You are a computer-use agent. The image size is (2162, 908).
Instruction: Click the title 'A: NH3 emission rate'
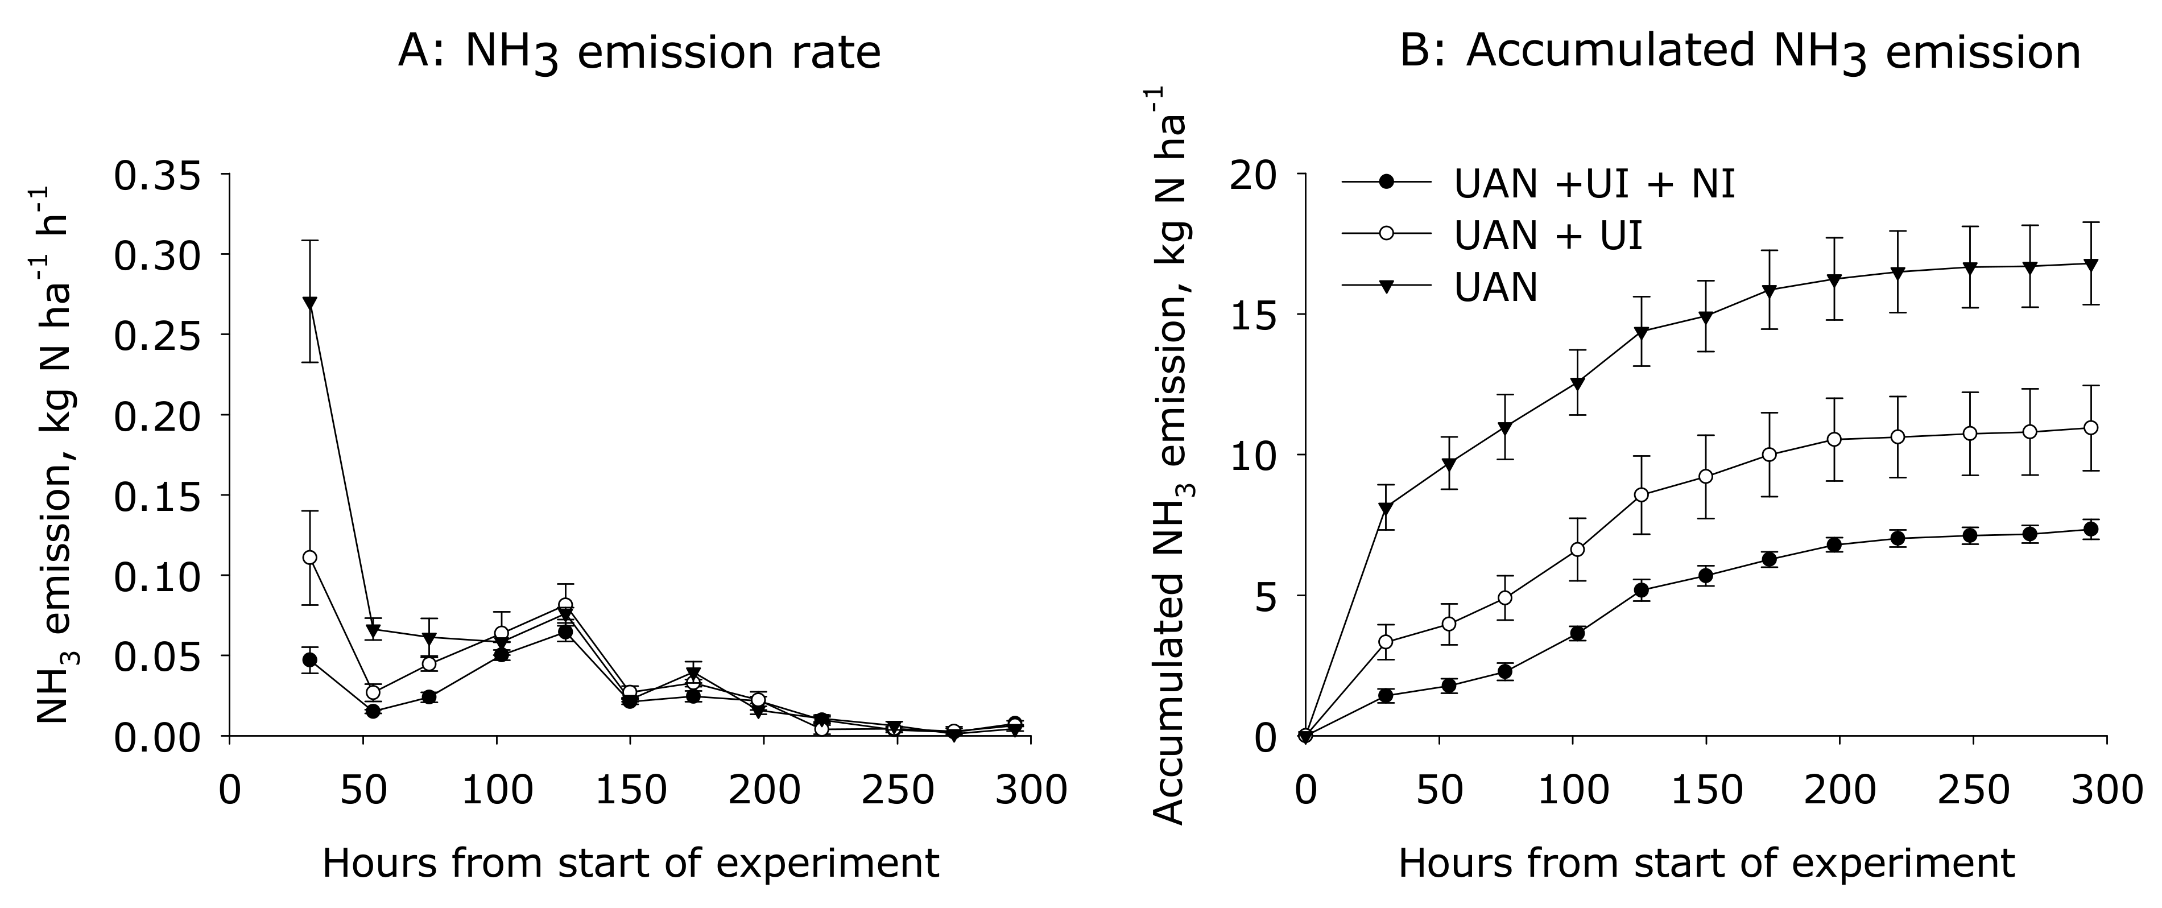(639, 52)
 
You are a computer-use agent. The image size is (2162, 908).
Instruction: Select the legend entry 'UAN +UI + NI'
(1594, 183)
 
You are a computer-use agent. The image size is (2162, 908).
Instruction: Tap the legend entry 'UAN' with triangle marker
(1495, 288)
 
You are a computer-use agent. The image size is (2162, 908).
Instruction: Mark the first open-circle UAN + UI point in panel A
(309, 557)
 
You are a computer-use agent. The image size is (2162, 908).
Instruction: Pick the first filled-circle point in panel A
(309, 659)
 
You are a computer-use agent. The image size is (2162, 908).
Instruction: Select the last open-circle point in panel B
(2091, 428)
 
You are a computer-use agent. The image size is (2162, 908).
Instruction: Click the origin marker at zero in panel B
(1305, 737)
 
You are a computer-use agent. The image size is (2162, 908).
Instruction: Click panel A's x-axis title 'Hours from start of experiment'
(630, 864)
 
